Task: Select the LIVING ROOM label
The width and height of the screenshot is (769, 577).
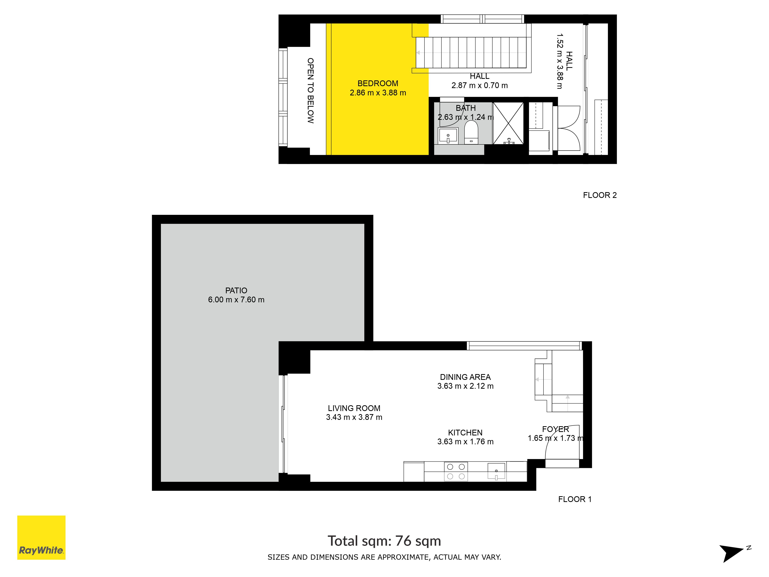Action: (x=354, y=408)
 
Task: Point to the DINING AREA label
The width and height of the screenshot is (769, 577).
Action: (x=465, y=377)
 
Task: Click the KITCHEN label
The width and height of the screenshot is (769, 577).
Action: (x=465, y=433)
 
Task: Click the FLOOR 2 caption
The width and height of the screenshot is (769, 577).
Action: (x=600, y=195)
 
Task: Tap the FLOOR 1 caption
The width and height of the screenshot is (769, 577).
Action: (x=575, y=499)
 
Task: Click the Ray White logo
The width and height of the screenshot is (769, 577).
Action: (x=41, y=537)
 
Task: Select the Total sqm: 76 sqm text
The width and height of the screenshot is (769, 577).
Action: (x=384, y=541)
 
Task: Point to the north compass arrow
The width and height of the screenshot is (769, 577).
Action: (x=731, y=553)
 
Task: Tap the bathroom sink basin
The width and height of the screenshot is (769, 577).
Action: (x=448, y=136)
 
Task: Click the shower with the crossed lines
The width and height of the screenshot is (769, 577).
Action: (x=508, y=123)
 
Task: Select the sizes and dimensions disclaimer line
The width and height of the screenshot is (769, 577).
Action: (x=384, y=557)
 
